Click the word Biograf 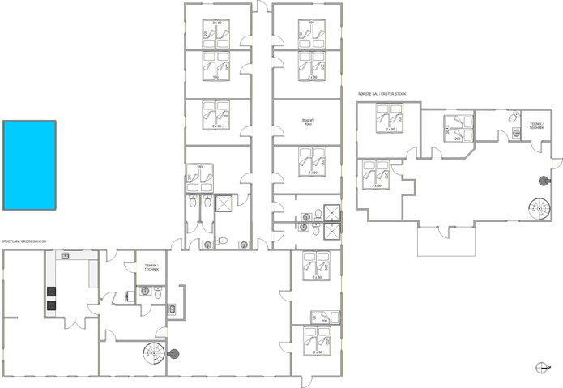tap(308, 120)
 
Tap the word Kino tap(308, 125)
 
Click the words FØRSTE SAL tap(369, 94)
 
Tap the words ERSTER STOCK tap(395, 94)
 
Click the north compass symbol tap(542, 367)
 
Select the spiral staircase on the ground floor tap(151, 352)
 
